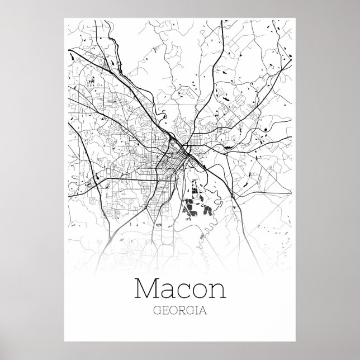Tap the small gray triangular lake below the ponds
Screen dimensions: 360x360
coord(161,225)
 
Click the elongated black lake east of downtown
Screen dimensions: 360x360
coord(224,98)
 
